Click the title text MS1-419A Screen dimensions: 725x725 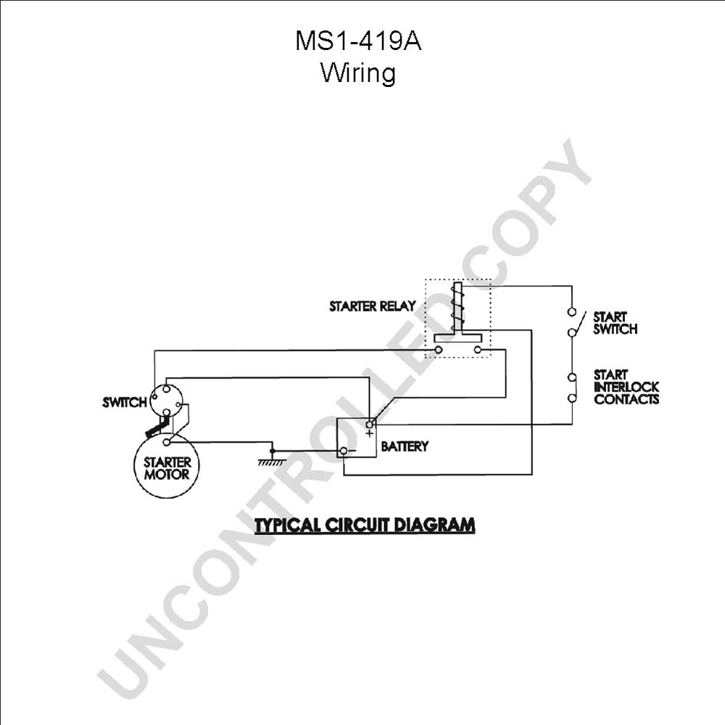pos(358,41)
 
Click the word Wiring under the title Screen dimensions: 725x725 pos(358,73)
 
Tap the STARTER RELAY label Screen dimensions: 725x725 pos(372,306)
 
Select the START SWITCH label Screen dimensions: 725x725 pos(615,323)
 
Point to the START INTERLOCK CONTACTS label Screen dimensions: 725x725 pos(626,387)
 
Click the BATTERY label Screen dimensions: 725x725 pos(405,446)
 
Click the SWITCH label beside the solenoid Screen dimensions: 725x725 pos(125,402)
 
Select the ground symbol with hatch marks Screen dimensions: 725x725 pos(272,462)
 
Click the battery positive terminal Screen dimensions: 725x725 pos(370,424)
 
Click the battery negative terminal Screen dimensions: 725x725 pos(344,451)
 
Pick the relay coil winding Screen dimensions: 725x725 pos(457,305)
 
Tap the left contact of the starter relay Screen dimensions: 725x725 pos(439,349)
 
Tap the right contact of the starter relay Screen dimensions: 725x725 pos(478,349)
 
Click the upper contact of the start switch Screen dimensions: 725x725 pos(572,312)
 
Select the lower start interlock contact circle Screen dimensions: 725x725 pos(572,397)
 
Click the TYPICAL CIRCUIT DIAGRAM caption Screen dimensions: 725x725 pos(365,525)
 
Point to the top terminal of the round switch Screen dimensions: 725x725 pos(167,389)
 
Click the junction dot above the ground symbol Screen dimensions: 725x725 pos(273,451)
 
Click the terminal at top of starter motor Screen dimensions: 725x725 pos(167,442)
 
